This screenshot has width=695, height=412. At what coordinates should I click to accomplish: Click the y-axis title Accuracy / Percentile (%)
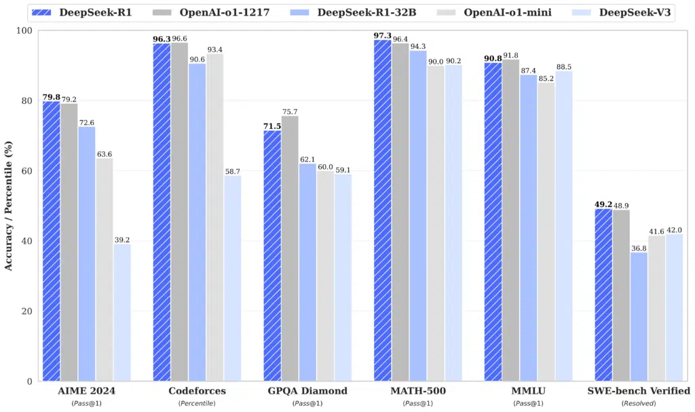(9, 206)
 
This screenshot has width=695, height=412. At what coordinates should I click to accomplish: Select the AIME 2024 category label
(86, 391)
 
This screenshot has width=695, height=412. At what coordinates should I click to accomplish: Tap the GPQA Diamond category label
(307, 391)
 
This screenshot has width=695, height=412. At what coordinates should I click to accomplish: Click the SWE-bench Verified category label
(639, 391)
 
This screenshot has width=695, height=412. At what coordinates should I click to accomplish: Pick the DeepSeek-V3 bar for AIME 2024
(122, 312)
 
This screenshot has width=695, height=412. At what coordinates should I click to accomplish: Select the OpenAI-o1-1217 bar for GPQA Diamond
(290, 248)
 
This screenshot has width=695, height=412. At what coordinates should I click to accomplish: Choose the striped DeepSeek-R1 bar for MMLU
(493, 221)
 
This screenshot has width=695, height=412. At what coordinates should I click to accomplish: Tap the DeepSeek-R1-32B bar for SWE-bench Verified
(639, 316)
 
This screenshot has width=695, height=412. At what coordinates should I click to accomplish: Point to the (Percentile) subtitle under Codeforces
(197, 403)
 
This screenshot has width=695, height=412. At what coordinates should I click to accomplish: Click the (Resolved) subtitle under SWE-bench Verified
(639, 403)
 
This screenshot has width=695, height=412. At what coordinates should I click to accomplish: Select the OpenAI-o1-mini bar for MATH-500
(436, 223)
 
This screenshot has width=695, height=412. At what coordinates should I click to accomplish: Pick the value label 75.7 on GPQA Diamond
(290, 111)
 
